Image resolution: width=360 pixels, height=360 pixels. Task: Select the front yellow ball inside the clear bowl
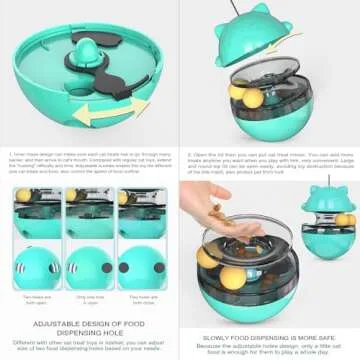(226, 266)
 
